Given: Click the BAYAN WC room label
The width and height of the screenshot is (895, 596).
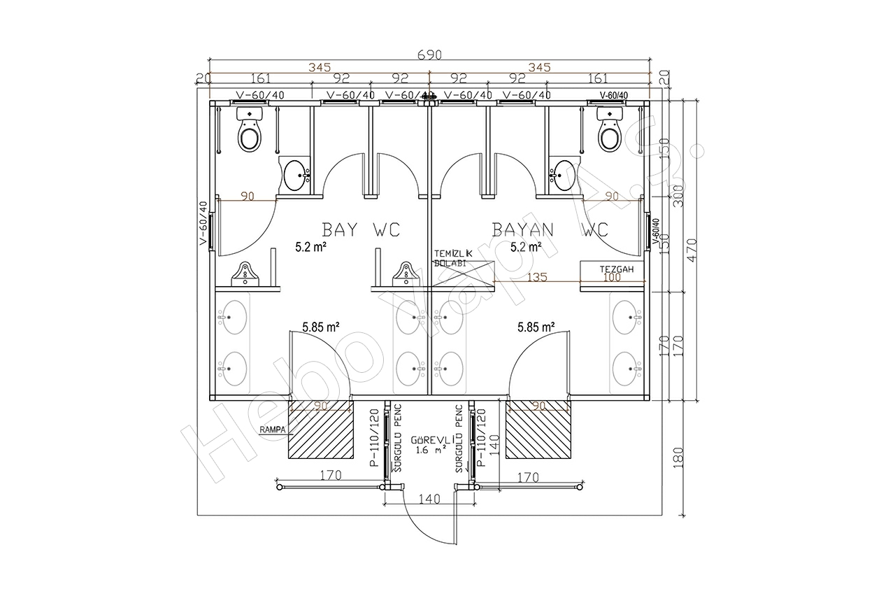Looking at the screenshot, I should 550,229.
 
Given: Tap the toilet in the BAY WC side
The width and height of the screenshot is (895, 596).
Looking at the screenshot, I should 249,134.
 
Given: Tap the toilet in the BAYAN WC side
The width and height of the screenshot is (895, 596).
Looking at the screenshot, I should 609,132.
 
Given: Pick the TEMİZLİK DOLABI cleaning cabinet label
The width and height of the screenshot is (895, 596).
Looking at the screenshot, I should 454,257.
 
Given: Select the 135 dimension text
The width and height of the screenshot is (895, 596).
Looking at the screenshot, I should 536,278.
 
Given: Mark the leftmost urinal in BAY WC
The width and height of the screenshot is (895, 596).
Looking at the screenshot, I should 245,274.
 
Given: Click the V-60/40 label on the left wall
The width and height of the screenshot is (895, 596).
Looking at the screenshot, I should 203,223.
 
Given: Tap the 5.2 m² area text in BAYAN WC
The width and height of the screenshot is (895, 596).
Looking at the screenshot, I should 527,247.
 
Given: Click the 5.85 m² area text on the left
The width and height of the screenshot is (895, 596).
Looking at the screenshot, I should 321,326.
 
